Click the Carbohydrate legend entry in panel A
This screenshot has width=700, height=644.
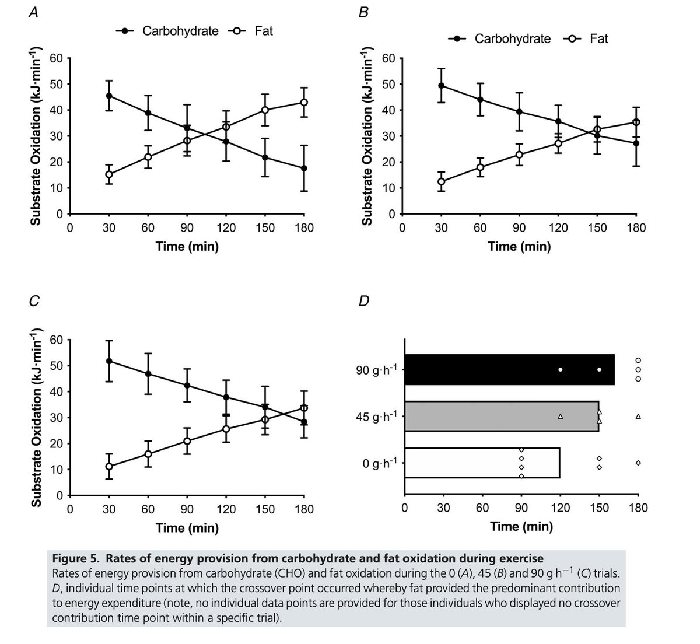pos(180,31)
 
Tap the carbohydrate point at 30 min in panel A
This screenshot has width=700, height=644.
pos(109,96)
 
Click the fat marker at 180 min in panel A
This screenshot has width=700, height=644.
pos(304,103)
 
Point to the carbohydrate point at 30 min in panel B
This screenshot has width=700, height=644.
pos(441,86)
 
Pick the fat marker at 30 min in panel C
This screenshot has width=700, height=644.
pos(109,466)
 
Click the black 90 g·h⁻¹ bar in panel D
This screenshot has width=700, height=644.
pos(509,369)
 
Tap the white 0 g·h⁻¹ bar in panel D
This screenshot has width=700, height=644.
pos(481,463)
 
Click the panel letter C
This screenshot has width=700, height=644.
pos(34,302)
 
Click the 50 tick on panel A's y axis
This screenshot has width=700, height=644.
pos(56,84)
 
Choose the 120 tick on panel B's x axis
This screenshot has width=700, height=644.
pos(558,228)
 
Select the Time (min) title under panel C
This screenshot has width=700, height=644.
pos(187,528)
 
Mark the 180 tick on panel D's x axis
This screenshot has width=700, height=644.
pos(638,508)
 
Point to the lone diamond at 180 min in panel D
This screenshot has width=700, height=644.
pos(638,463)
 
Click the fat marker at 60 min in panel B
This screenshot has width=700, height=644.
pos(480,167)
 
